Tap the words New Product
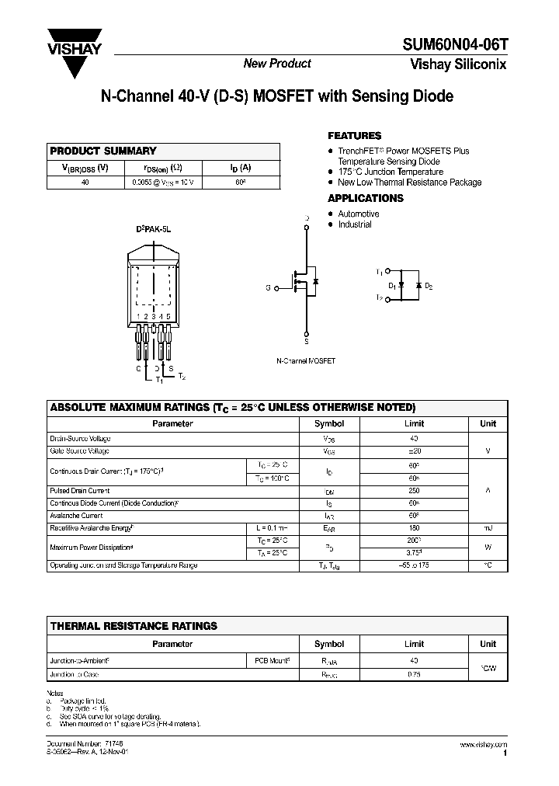click(x=277, y=64)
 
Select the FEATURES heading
click(x=354, y=135)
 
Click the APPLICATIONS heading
click(x=366, y=198)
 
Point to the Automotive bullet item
click(x=358, y=214)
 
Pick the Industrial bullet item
click(x=354, y=224)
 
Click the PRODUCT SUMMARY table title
click(x=103, y=151)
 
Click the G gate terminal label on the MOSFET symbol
click(x=268, y=287)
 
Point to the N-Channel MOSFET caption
click(x=306, y=362)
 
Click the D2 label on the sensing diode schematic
click(x=429, y=287)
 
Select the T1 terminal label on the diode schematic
click(x=379, y=272)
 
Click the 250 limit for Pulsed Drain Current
click(x=414, y=491)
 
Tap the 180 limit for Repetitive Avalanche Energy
click(x=414, y=528)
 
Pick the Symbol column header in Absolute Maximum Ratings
click(x=328, y=424)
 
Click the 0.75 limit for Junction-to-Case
click(x=414, y=674)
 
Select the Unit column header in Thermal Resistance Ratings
click(x=488, y=644)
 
